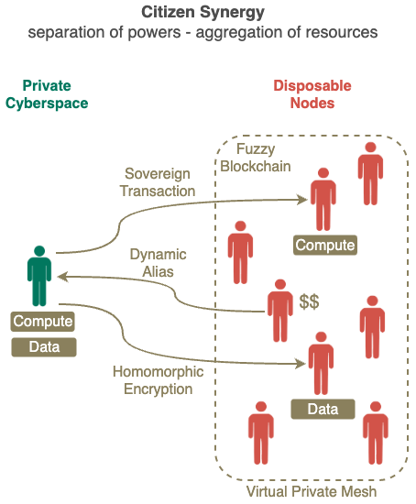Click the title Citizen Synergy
click(x=203, y=13)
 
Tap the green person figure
click(x=39, y=276)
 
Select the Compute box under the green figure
click(x=43, y=322)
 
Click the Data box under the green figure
click(x=44, y=347)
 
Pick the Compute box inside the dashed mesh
click(x=325, y=245)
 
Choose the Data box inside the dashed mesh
click(x=323, y=410)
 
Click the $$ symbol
click(x=309, y=301)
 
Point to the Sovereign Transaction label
click(x=158, y=182)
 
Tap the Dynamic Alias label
click(x=158, y=263)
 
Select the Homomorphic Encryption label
click(x=159, y=380)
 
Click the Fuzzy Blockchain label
click(x=256, y=158)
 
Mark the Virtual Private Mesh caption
click(x=312, y=492)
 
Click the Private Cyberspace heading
click(x=47, y=94)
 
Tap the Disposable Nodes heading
click(x=312, y=94)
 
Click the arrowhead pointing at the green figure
click(x=63, y=277)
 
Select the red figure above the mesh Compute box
click(x=323, y=199)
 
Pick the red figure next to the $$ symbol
click(x=280, y=311)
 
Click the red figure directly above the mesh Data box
click(x=321, y=363)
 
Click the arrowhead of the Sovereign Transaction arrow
click(x=302, y=200)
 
